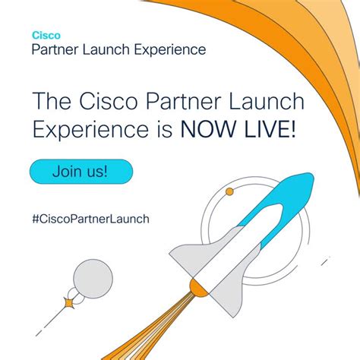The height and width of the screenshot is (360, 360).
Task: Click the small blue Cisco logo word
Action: pos(42,35)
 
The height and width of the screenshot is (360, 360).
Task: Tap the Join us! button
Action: pos(80,170)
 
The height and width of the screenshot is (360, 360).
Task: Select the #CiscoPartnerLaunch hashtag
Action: pos(90,219)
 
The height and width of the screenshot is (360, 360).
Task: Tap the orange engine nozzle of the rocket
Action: pos(198,288)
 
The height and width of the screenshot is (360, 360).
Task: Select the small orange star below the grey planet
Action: pos(70,304)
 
